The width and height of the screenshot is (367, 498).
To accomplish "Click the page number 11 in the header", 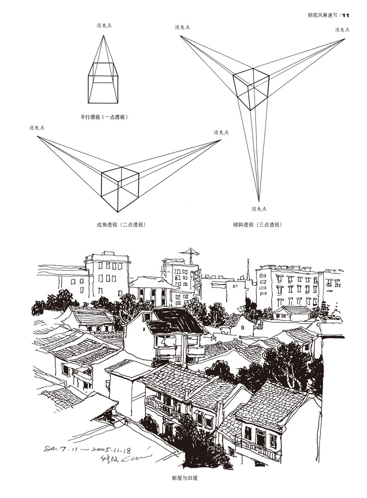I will (345, 15).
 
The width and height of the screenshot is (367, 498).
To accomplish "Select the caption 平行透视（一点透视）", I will (104, 117).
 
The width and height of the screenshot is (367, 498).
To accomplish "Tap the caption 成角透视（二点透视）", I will (121, 225).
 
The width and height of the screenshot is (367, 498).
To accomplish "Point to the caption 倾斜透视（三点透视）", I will (257, 225).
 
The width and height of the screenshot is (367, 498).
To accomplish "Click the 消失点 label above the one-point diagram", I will (104, 26).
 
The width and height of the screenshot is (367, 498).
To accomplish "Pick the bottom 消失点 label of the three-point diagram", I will (259, 209).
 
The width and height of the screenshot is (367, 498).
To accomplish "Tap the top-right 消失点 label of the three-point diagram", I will (342, 30).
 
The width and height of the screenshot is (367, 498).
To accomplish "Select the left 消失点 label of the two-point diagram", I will (37, 127).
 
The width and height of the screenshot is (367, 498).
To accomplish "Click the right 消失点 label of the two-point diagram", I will (221, 132).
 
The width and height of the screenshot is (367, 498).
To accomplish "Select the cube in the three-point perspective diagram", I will (251, 89).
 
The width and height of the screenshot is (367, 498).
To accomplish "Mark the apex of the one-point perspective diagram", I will (104, 35).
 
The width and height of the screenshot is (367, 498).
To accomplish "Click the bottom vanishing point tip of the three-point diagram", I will (259, 201).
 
